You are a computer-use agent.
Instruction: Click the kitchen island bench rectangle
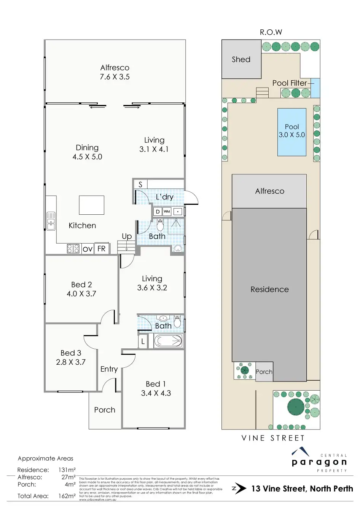[x=92, y=205]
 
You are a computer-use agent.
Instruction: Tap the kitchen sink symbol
[x=51, y=221]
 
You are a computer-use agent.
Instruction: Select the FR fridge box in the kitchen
[x=102, y=249]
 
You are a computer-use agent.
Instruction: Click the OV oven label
[x=88, y=249]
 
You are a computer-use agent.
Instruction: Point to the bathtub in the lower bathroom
[x=169, y=341]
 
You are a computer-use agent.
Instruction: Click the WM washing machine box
[x=167, y=212]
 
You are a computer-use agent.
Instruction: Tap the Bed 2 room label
[x=81, y=284]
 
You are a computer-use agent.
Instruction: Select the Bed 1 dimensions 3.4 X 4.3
[x=156, y=393]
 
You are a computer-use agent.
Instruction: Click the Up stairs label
[x=127, y=236]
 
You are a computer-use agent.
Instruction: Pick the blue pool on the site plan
[x=292, y=132]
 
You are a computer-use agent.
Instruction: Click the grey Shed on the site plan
[x=241, y=59]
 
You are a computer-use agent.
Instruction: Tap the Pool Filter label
[x=290, y=83]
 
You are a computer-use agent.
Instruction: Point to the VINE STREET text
[x=273, y=438]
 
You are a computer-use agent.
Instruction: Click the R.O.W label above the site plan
[x=271, y=32]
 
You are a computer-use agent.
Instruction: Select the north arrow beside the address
[x=239, y=488]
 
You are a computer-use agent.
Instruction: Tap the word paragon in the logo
[x=319, y=462]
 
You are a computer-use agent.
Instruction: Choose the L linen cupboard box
[x=143, y=341]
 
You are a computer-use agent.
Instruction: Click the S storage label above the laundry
[x=140, y=184]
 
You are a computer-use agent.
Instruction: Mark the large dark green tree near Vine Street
[x=296, y=407]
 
